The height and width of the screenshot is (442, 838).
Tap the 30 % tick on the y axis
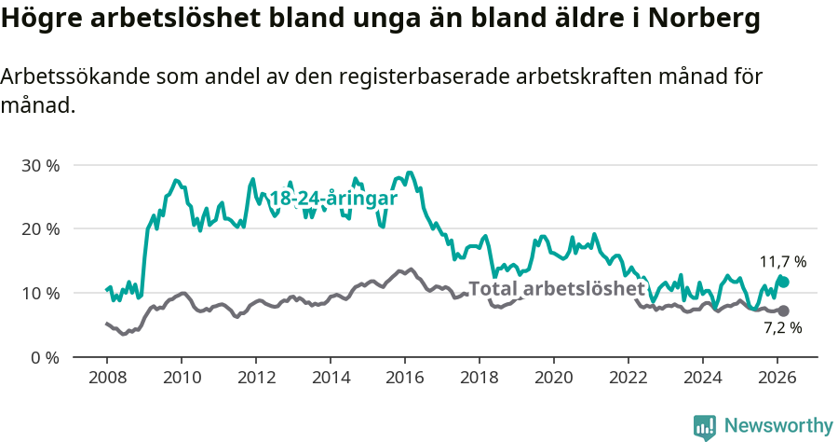[x=40, y=165]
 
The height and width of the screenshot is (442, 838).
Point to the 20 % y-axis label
[x=40, y=229]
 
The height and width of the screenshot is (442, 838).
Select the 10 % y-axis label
[x=40, y=293]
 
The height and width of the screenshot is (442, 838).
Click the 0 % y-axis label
[x=45, y=357]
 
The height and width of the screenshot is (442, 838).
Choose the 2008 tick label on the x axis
[x=107, y=378]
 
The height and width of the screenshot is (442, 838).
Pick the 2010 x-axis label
[x=182, y=378]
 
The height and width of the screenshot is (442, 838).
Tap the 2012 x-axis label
[x=256, y=378]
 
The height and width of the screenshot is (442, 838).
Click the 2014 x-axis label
[x=331, y=378]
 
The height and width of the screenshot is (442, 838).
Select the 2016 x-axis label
[x=405, y=378]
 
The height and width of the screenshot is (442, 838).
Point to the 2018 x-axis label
[x=480, y=378]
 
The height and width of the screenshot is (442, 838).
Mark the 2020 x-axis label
[x=554, y=378]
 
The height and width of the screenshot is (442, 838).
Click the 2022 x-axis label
[x=628, y=378]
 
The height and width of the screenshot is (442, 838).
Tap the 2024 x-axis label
[x=703, y=378]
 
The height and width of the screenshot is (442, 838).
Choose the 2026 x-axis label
[x=777, y=378]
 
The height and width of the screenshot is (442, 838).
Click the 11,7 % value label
[x=783, y=262]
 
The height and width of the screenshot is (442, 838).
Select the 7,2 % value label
[x=783, y=328]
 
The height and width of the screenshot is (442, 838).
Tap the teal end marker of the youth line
[x=784, y=282]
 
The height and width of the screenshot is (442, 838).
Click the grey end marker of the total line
[x=783, y=311]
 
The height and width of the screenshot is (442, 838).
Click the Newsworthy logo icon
[x=705, y=427]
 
